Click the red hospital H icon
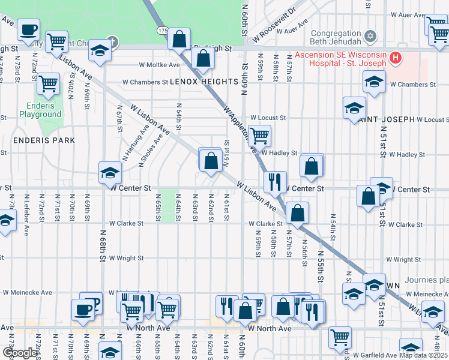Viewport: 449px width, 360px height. point(396,58)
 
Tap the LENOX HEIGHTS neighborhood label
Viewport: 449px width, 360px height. point(204,82)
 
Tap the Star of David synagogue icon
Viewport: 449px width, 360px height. point(370,37)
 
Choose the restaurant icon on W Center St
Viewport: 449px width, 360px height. point(275,181)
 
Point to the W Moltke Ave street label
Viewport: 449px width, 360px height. point(159,65)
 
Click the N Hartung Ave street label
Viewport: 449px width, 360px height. point(136,143)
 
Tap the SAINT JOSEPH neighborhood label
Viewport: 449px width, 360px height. point(387,119)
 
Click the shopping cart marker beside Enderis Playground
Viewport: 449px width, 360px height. point(49,85)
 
